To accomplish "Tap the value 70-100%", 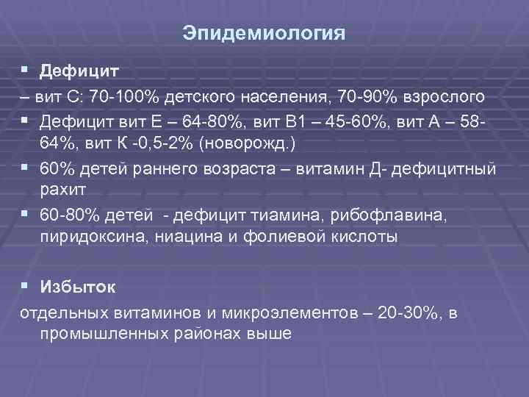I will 123,96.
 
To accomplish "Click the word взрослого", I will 447,96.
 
